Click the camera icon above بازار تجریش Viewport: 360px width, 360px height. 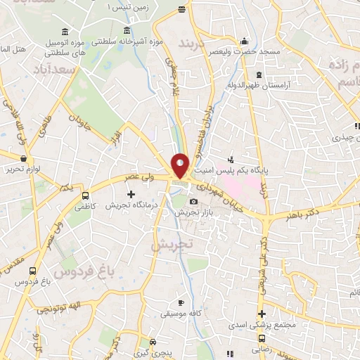pos(194,202)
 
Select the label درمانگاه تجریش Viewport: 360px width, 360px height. pos(130,205)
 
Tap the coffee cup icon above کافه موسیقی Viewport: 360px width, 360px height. pos(181,302)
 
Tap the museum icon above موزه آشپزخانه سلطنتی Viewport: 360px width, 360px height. pos(127,30)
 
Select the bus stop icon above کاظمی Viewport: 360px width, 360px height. pos(86,197)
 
